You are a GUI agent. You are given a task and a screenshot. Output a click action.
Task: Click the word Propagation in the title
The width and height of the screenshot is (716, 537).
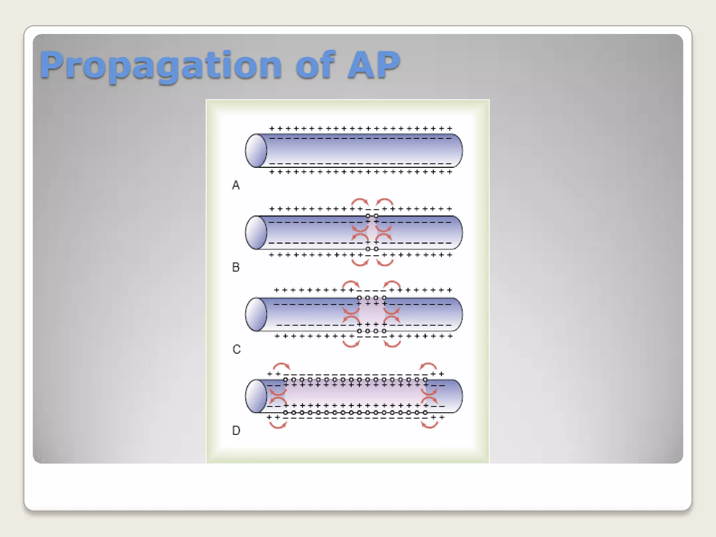pos(160,65)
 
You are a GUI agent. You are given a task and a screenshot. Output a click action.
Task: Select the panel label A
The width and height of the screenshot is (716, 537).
pos(236,185)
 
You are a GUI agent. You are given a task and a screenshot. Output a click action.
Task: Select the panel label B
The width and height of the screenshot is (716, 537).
pos(236,267)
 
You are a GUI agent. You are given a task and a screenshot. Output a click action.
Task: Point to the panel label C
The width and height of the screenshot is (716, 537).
pos(236,349)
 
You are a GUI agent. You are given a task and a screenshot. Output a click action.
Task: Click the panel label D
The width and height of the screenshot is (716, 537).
pos(236,430)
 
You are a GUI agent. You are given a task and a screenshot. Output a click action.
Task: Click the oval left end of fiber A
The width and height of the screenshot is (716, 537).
pos(256,151)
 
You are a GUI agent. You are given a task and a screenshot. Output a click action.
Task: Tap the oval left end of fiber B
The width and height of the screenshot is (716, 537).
pos(256,232)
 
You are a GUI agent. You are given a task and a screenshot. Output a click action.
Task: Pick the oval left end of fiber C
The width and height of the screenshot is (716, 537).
pos(256,314)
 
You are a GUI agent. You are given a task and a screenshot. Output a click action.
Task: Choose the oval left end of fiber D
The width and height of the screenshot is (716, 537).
pos(256,396)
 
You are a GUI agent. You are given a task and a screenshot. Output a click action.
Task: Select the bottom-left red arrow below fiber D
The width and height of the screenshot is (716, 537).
pos(278,425)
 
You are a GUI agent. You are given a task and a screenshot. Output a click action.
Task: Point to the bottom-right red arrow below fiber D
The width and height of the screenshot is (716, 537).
pos(430,425)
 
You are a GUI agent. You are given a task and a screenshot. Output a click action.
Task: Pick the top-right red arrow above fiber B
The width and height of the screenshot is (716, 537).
pos(385,202)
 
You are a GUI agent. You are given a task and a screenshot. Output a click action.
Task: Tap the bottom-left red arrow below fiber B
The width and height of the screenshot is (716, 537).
pos(360,262)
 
